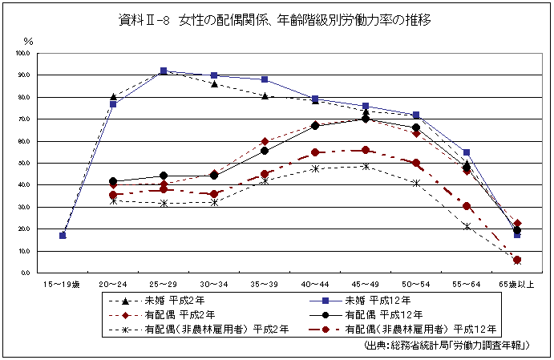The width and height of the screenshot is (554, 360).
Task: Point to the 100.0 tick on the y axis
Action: (22, 53)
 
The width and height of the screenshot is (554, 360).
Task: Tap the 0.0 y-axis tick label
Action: (25, 273)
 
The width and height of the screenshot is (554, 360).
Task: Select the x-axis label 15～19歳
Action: (63, 284)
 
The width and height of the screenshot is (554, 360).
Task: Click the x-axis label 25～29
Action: (163, 284)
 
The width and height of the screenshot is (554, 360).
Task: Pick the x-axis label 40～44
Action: (315, 284)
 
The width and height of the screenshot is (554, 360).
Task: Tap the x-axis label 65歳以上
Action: (517, 284)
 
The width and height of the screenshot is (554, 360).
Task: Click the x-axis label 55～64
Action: (466, 284)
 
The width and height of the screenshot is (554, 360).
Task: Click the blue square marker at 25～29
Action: (163, 71)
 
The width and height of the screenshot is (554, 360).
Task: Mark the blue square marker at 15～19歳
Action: (63, 235)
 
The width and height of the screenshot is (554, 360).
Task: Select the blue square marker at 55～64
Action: (466, 152)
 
